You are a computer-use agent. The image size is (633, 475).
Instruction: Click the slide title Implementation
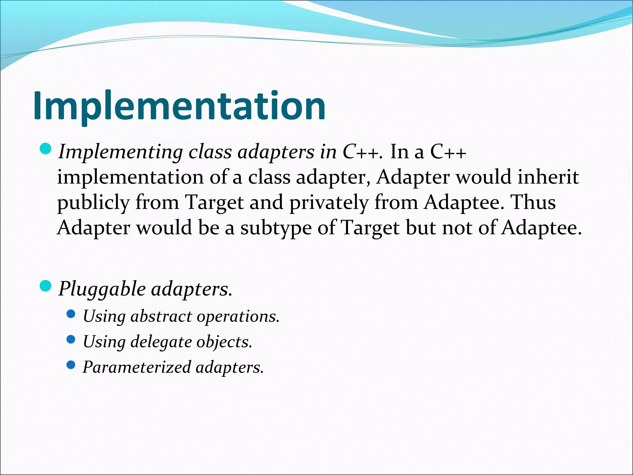pos(179,106)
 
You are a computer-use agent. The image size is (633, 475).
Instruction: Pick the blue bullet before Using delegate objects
pos(71,340)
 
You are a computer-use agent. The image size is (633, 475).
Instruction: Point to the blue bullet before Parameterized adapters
pos(71,365)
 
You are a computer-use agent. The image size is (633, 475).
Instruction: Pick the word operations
pos(238,316)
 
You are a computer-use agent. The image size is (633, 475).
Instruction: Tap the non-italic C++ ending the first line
pos(448,152)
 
